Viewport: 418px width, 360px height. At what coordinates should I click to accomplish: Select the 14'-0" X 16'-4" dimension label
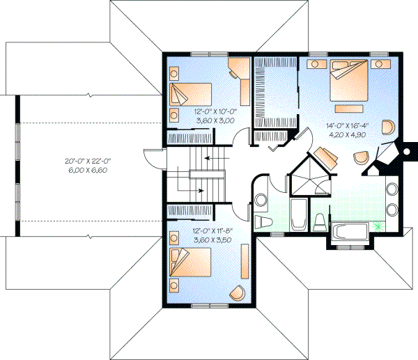click(x=346, y=126)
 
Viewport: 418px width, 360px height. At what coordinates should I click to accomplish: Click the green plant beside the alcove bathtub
click(x=378, y=226)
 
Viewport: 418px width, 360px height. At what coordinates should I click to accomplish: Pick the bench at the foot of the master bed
click(x=351, y=109)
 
